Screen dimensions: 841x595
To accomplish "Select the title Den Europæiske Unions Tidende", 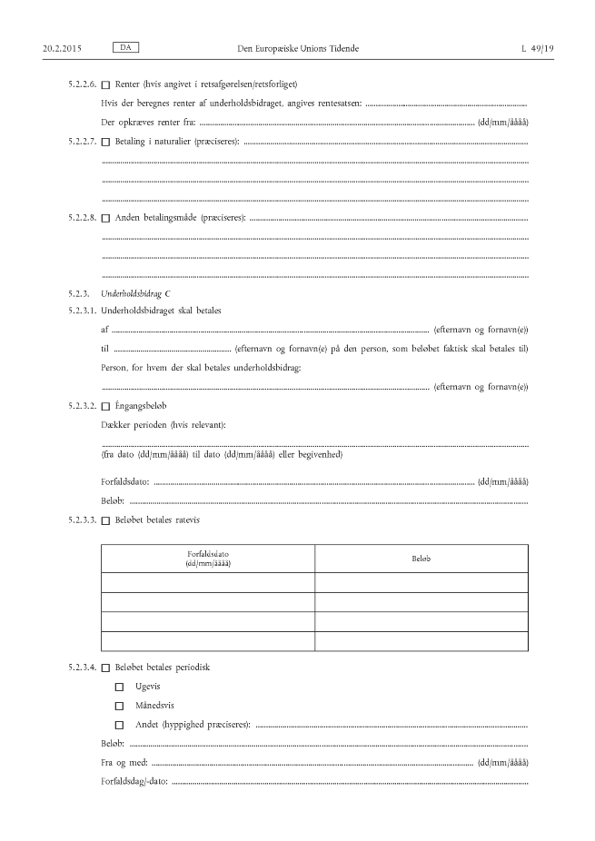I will [x=296, y=46].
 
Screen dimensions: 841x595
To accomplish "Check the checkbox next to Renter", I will [x=105, y=85].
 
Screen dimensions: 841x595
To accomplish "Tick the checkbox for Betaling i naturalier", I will [x=105, y=143].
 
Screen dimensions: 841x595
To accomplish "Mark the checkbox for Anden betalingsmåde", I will [x=105, y=218].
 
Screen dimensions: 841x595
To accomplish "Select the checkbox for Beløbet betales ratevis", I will [x=105, y=520].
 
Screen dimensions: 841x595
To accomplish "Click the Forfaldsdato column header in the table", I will [x=208, y=558].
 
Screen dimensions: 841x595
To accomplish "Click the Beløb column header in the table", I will [x=421, y=558].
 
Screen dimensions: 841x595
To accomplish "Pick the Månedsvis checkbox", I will [x=119, y=706].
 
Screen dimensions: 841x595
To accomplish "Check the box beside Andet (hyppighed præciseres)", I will [x=119, y=725].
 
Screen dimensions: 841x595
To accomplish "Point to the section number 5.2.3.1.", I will [x=83, y=312].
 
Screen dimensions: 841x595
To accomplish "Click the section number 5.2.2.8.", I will [x=83, y=218].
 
